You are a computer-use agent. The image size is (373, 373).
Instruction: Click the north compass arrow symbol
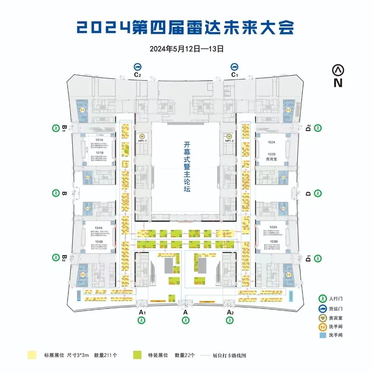pos(338,70)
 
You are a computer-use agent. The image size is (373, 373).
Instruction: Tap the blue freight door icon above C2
pos(138,67)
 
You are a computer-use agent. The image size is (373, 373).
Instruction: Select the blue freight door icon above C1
pos(235,67)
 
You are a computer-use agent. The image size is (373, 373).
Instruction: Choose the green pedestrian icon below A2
pos(230,320)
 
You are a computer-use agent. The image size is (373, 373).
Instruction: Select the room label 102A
pos(271,142)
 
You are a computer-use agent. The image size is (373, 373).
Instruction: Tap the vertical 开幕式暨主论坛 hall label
pos(187,168)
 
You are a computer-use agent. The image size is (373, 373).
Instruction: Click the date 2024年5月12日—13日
pos(186,49)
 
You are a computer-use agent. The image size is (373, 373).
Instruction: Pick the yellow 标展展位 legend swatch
pos(32,355)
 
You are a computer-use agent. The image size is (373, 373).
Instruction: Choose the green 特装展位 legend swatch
pos(137,355)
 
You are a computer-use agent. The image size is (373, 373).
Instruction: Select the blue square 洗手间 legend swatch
pos(322,335)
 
